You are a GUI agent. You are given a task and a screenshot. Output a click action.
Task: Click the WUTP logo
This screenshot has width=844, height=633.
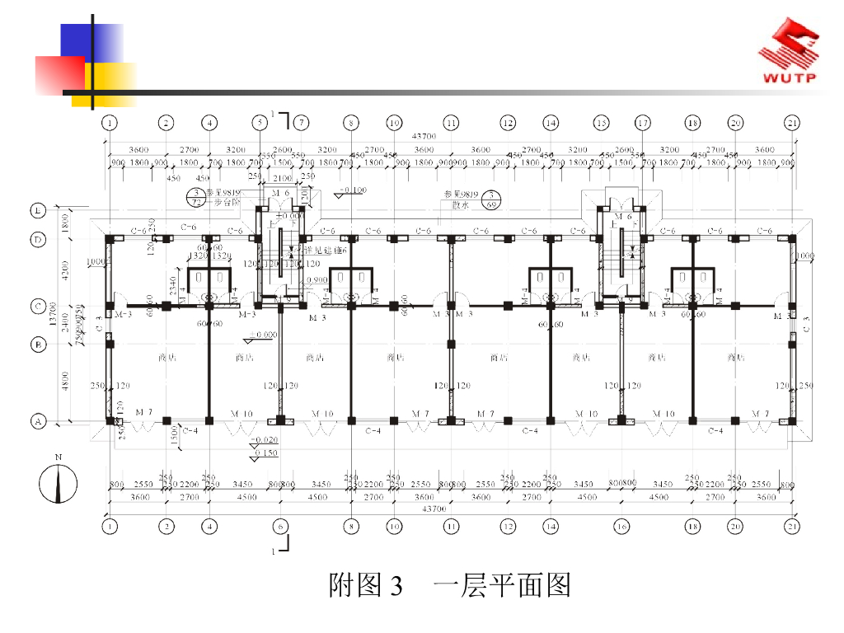pos(789,53)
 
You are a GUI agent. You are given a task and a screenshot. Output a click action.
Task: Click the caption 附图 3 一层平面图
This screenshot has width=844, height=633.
pos(449,586)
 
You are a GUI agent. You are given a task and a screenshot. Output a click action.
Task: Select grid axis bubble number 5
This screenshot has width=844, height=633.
pos(260,123)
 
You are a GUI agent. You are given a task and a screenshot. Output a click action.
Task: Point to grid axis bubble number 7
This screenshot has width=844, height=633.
pos(302,123)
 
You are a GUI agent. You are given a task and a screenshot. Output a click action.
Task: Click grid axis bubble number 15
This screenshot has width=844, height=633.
pos(602,123)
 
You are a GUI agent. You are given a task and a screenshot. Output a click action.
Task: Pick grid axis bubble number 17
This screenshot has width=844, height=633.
pos(642,123)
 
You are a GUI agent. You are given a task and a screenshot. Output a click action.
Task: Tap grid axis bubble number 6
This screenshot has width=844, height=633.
pos(281,525)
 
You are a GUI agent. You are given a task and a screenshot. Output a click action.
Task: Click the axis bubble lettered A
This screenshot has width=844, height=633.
pos(38,421)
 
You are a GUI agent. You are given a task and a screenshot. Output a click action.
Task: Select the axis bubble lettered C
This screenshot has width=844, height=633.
pos(38,306)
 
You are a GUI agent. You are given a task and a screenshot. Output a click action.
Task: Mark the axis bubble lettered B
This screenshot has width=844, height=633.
pos(38,345)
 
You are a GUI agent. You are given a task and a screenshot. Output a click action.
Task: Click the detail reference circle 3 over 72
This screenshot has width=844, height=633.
pos(196,197)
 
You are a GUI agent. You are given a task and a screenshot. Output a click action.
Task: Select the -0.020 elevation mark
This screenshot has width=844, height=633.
pos(265,441)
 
